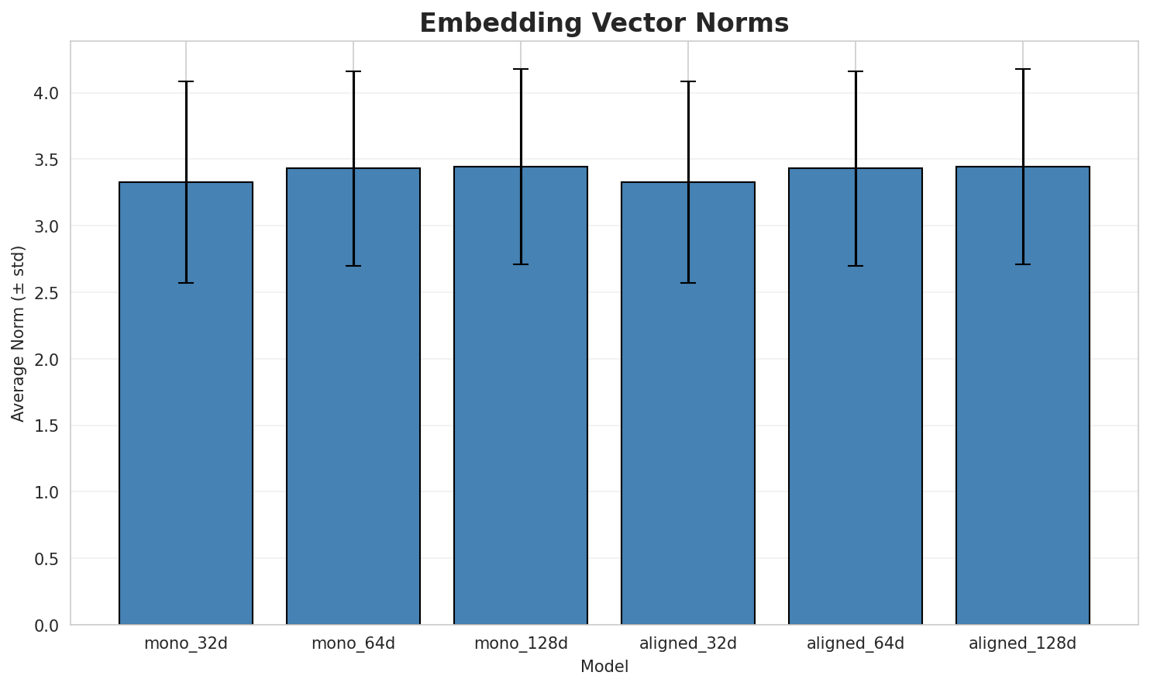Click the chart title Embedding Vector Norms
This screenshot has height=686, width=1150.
coord(604,23)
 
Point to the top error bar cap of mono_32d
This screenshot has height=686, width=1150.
coord(186,81)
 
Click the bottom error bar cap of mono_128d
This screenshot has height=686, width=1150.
coord(521,264)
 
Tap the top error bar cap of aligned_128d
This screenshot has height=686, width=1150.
coord(1023,69)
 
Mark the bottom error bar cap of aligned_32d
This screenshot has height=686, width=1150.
coord(688,283)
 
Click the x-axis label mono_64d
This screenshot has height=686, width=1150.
coord(353,643)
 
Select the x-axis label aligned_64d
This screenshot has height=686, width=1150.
coord(856,643)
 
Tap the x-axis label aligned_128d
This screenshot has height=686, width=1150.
coord(1023,643)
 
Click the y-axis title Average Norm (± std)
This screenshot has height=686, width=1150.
coord(19,333)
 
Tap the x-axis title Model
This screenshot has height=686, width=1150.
coord(604,667)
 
